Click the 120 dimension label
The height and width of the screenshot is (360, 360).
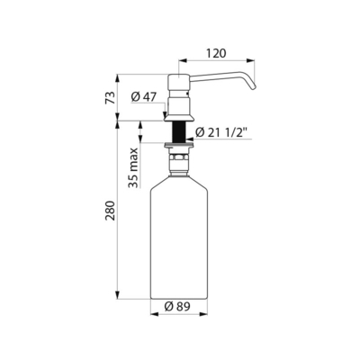[x=216, y=53]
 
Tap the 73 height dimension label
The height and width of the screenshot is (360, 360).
[x=110, y=97]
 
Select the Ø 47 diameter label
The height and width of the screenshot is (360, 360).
[x=144, y=96]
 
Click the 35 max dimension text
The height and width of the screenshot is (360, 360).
[x=133, y=168]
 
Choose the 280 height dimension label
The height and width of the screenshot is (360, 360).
[x=110, y=211]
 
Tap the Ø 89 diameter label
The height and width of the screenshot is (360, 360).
[x=177, y=306]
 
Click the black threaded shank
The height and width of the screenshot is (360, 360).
[x=179, y=132]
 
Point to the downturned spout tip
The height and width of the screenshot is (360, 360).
[x=252, y=86]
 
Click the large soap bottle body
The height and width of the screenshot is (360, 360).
[x=179, y=240]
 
